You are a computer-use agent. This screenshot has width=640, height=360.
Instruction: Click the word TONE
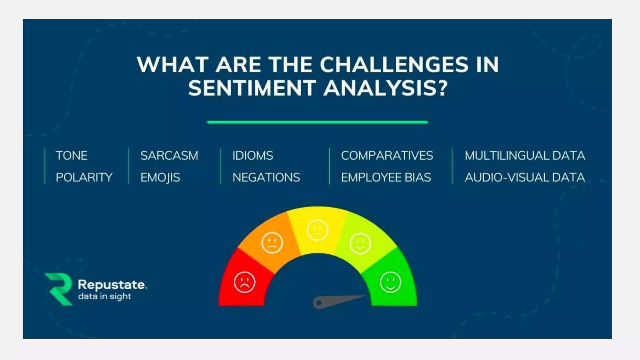click(x=72, y=156)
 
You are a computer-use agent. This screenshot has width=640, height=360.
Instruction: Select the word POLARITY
click(x=84, y=177)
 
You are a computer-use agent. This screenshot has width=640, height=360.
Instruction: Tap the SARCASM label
click(x=169, y=156)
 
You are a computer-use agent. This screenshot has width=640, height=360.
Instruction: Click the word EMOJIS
click(x=160, y=177)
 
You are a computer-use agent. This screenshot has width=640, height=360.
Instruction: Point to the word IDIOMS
click(x=252, y=156)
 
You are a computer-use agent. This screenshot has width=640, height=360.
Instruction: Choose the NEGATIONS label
click(x=266, y=177)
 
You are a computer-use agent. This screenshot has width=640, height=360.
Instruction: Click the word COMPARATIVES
click(x=387, y=156)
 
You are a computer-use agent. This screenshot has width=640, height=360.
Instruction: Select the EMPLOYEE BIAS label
click(x=386, y=177)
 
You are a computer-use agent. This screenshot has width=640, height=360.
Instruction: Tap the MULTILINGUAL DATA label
click(x=525, y=156)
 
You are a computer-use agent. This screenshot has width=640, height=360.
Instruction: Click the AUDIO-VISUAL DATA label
click(x=525, y=177)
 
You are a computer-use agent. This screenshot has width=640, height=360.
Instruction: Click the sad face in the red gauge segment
click(x=245, y=282)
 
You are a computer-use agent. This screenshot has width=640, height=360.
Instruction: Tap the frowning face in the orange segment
click(x=272, y=242)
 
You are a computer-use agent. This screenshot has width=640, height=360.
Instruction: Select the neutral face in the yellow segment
click(x=317, y=230)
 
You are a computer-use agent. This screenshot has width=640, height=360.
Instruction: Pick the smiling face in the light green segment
click(x=360, y=243)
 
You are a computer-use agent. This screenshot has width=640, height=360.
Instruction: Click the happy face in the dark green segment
click(x=390, y=282)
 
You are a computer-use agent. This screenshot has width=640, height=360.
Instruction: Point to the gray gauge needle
click(x=334, y=301)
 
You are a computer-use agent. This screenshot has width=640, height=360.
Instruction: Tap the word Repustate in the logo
click(x=111, y=285)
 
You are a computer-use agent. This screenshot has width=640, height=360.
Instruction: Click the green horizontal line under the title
click(x=317, y=122)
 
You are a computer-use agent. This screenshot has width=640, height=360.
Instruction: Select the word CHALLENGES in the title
click(x=394, y=65)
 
